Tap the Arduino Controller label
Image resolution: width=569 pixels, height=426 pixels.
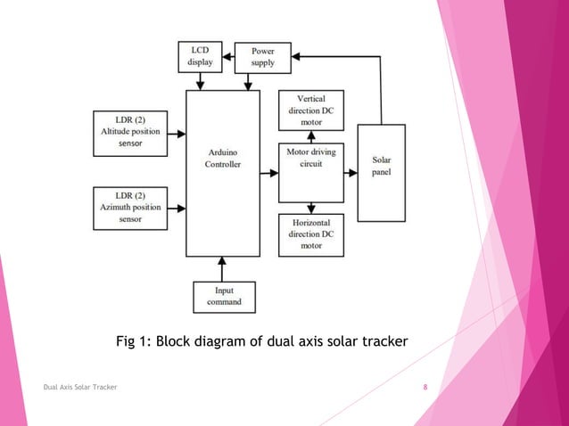[222, 158]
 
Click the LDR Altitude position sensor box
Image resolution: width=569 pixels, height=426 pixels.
[130, 133]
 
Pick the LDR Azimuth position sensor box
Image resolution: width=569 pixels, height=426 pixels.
[130, 207]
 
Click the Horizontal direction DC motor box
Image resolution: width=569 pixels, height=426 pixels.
[310, 233]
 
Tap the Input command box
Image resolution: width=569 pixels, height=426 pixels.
[223, 296]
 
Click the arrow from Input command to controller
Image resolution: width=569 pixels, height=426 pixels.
[223, 268]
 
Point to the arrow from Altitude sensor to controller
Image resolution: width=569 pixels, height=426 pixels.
[177, 134]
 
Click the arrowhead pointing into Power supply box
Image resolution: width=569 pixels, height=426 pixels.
[296, 56]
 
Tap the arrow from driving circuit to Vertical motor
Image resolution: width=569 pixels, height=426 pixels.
[310, 136]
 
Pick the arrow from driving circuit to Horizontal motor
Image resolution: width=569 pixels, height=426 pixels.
[310, 207]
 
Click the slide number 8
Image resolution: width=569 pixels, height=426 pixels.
[425, 387]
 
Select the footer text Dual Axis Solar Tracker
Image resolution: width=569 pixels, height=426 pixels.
[80, 387]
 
